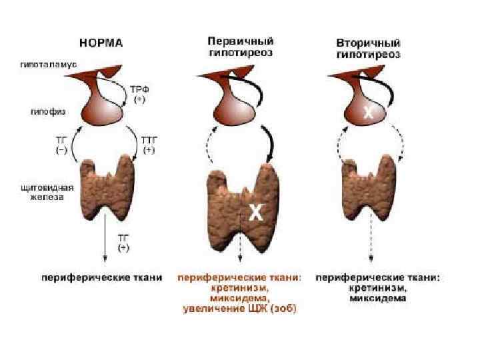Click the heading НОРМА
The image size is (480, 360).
pyautogui.click(x=101, y=43)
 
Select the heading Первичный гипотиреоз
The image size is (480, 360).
pyautogui.click(x=240, y=46)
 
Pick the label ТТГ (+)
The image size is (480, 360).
pyautogui.click(x=149, y=145)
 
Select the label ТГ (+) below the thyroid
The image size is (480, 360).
pyautogui.click(x=125, y=243)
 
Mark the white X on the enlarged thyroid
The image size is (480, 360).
pyautogui.click(x=256, y=213)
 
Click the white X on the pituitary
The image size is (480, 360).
pyautogui.click(x=367, y=113)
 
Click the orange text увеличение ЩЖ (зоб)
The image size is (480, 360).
pyautogui.click(x=239, y=309)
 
